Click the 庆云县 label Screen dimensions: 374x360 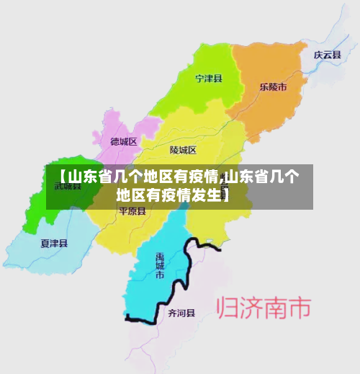click(x=327, y=55)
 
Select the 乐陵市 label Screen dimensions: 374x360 click(x=274, y=86)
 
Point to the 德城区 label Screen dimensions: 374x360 click(x=124, y=142)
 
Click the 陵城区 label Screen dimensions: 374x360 click(x=183, y=150)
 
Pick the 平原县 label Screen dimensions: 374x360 click(x=132, y=212)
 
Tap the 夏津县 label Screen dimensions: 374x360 click(x=54, y=243)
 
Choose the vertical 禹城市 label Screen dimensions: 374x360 click(x=160, y=265)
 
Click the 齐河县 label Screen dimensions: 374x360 click(x=181, y=313)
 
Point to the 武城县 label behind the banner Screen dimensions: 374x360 click(x=68, y=186)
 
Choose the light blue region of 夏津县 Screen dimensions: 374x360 click(x=43, y=249)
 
